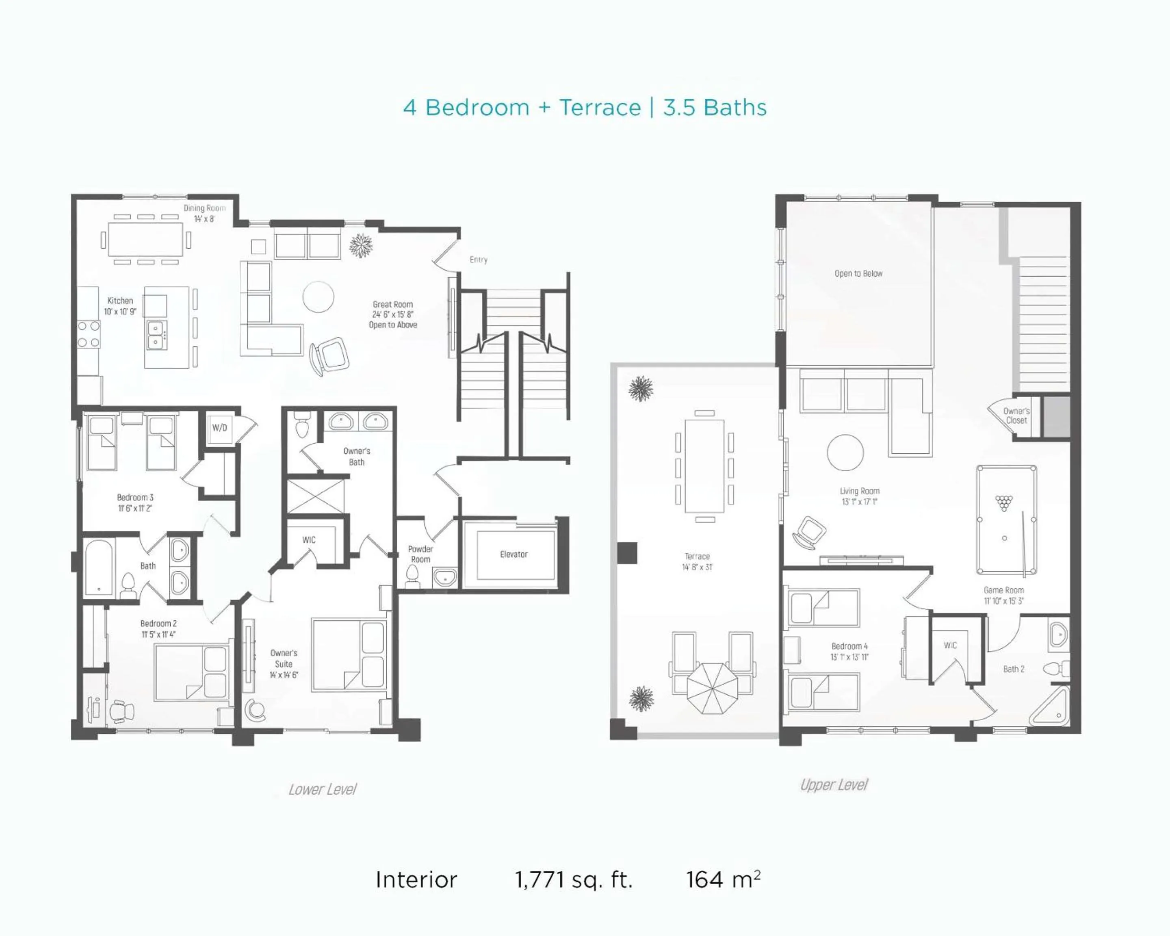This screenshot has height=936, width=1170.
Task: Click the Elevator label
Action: (x=513, y=554)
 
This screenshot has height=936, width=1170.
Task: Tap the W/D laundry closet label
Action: (x=219, y=427)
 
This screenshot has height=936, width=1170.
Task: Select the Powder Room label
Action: (x=420, y=554)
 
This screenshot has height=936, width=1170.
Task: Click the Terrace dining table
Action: (x=704, y=466)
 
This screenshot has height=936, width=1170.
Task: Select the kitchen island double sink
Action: (x=157, y=335)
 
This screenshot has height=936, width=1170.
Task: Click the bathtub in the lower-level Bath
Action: (x=99, y=568)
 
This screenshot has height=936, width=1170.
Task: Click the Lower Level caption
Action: (x=322, y=789)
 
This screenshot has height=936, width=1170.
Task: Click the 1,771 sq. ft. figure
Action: (x=574, y=880)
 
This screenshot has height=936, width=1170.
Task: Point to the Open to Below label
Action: (x=858, y=273)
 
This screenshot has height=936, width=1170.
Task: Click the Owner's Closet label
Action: (x=1016, y=416)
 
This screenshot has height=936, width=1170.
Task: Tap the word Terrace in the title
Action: (x=600, y=107)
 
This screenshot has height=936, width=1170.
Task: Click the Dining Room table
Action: (x=146, y=239)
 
